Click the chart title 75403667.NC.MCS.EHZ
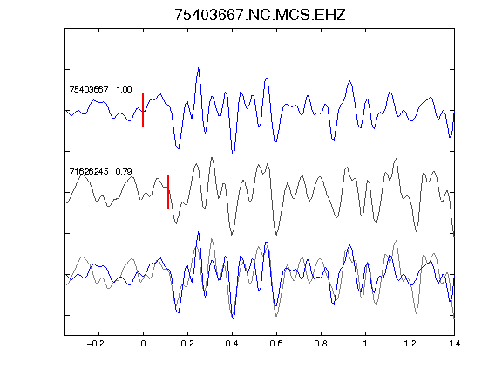(x=260, y=15)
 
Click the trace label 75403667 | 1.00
(x=100, y=89)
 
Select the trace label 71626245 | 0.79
(x=100, y=172)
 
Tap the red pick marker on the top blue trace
(x=143, y=110)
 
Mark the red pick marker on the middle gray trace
(x=168, y=192)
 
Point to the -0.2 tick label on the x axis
(x=95, y=344)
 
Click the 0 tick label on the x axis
(x=143, y=344)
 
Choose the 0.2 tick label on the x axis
(x=187, y=344)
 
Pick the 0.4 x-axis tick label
(x=232, y=344)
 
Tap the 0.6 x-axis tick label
(x=276, y=344)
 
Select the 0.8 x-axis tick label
(x=321, y=344)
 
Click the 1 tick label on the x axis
(x=365, y=344)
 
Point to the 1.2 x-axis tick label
(x=410, y=344)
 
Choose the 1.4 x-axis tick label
(x=454, y=344)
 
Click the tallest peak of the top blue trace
(x=199, y=68)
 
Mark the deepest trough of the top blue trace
(x=234, y=154)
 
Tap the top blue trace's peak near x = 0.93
(x=350, y=81)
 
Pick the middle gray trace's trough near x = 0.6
(x=276, y=235)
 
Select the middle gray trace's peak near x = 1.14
(x=397, y=159)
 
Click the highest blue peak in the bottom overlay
(x=199, y=232)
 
